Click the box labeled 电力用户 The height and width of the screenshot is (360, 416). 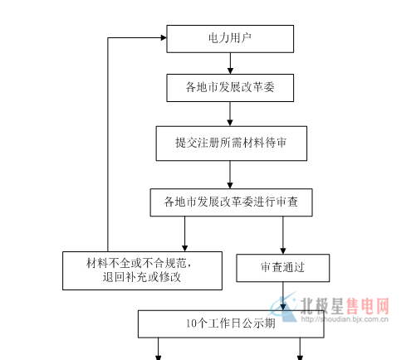(230, 39)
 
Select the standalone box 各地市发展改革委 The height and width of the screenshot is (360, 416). (230, 88)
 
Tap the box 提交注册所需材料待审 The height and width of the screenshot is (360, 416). (232, 144)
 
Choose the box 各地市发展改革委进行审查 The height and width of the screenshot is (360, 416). (231, 202)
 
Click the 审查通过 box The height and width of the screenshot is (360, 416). (282, 268)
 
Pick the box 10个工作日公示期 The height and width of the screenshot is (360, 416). (231, 324)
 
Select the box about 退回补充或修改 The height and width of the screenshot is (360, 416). (142, 270)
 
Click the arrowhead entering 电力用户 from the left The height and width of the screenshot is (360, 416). (164, 37)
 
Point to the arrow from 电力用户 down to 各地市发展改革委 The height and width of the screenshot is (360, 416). (230, 63)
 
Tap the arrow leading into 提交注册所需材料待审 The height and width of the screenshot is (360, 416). (230, 114)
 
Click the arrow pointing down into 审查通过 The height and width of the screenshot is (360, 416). (283, 235)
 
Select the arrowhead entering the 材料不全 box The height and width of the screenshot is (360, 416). (185, 248)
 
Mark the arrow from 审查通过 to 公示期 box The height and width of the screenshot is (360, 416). (283, 296)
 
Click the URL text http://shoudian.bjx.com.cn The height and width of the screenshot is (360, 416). (345, 319)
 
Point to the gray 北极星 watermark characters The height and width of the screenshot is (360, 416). (322, 306)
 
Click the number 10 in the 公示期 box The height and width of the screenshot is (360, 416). (191, 324)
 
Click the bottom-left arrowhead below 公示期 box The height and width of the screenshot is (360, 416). (159, 358)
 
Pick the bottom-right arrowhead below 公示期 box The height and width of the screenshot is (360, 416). (300, 358)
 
